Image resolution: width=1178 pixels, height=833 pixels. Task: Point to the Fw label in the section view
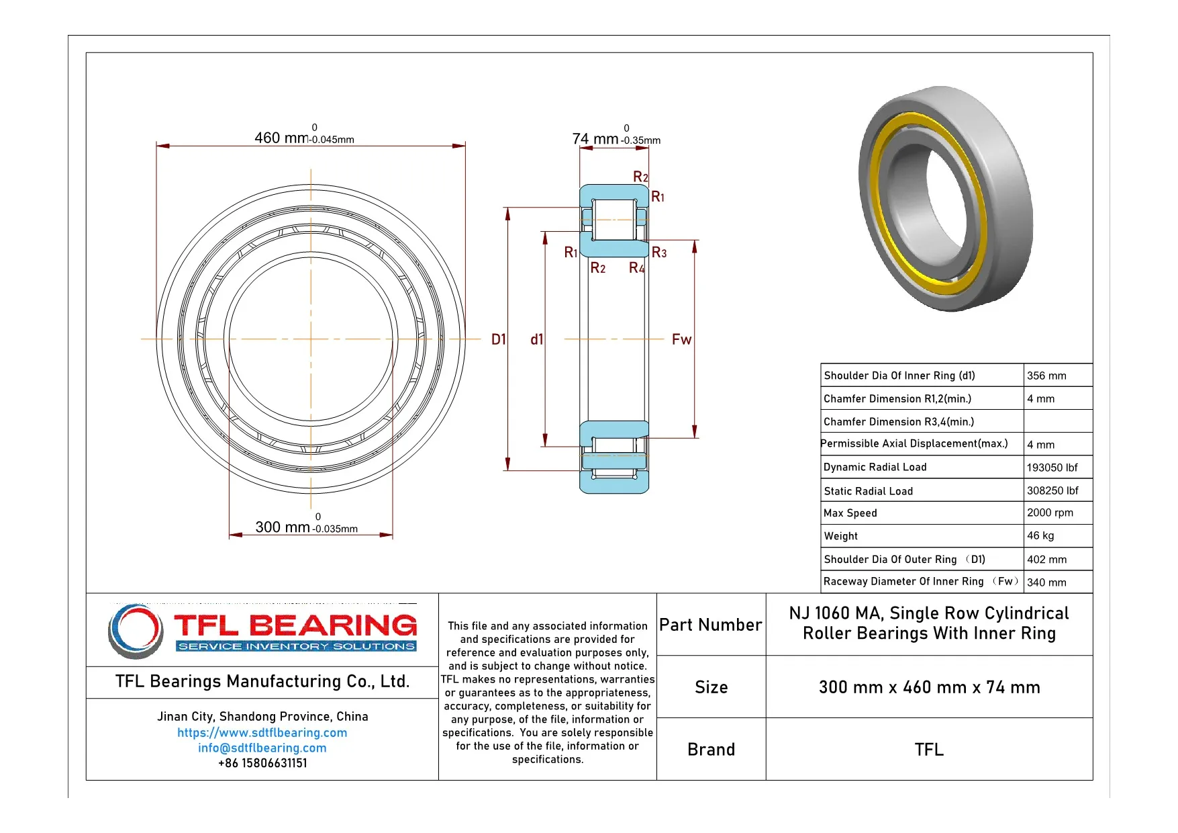pyautogui.click(x=681, y=339)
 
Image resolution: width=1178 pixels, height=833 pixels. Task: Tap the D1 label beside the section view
pyautogui.click(x=498, y=339)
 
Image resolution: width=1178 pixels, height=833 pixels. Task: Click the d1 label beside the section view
pyautogui.click(x=536, y=339)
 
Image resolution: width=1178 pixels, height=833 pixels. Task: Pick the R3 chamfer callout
pyautogui.click(x=659, y=253)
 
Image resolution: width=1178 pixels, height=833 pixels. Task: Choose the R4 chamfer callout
pyautogui.click(x=636, y=268)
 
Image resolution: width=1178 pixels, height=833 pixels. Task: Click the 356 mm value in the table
pyautogui.click(x=1046, y=376)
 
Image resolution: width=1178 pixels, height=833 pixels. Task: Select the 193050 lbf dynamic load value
pyautogui.click(x=1052, y=468)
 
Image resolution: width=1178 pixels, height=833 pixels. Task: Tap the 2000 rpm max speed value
pyautogui.click(x=1050, y=513)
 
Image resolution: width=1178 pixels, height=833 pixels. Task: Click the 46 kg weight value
pyautogui.click(x=1040, y=535)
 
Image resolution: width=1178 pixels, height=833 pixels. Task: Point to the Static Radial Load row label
pyautogui.click(x=868, y=491)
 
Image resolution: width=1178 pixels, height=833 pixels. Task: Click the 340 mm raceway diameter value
pyautogui.click(x=1046, y=582)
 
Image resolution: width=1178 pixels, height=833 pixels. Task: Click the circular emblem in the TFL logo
pyautogui.click(x=136, y=630)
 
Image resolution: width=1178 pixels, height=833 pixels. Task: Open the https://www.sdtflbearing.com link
pyautogui.click(x=262, y=732)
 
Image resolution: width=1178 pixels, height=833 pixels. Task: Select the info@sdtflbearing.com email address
pyautogui.click(x=262, y=748)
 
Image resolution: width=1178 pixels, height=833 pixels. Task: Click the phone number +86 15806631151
pyautogui.click(x=262, y=763)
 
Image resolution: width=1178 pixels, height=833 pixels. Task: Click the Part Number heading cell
pyautogui.click(x=710, y=625)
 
